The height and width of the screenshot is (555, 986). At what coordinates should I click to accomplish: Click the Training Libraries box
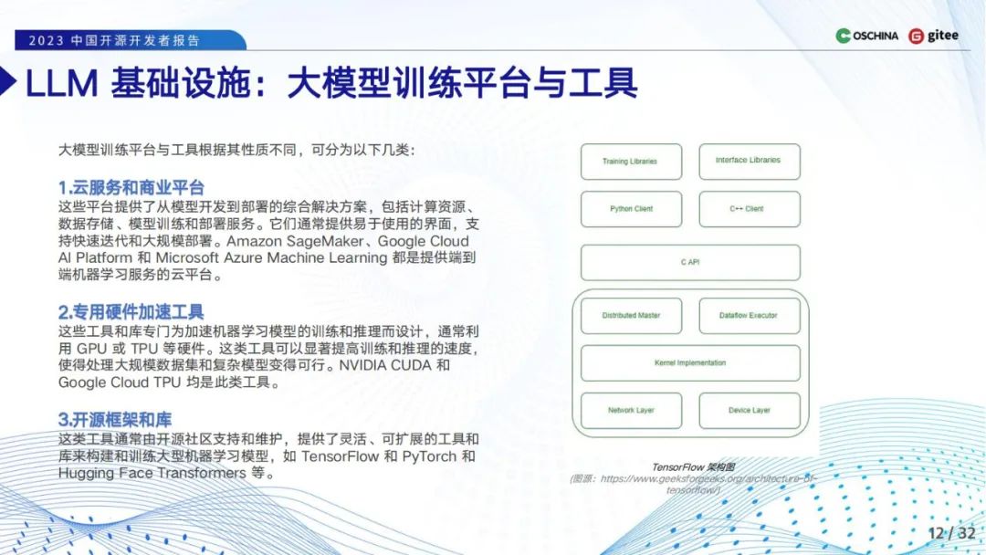(631, 162)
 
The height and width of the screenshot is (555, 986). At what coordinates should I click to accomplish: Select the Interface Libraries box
(749, 161)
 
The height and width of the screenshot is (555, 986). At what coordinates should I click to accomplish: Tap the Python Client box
(631, 209)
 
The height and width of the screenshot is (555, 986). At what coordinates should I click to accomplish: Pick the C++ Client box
(749, 209)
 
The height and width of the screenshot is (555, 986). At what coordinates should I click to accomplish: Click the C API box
(690, 263)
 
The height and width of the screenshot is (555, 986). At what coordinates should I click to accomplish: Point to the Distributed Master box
(631, 316)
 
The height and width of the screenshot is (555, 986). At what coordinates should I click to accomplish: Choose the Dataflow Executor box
(749, 316)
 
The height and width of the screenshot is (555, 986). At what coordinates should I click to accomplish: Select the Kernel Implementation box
(690, 363)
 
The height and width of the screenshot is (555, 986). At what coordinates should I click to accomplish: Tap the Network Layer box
(631, 411)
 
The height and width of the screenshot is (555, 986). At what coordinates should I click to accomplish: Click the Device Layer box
(749, 411)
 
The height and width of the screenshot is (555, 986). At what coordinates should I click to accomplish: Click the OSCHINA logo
(867, 37)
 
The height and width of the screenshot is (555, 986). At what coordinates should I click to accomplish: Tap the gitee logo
(934, 37)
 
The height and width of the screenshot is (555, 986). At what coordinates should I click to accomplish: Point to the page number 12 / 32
(951, 533)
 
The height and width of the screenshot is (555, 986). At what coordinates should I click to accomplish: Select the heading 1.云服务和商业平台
(131, 188)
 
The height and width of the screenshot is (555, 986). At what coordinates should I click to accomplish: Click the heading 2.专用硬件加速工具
(131, 312)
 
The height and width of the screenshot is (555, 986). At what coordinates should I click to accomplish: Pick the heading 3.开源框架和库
(115, 420)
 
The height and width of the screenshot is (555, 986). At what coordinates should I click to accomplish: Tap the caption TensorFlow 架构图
(690, 466)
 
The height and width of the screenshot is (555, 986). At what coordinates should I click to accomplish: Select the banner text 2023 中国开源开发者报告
(114, 41)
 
